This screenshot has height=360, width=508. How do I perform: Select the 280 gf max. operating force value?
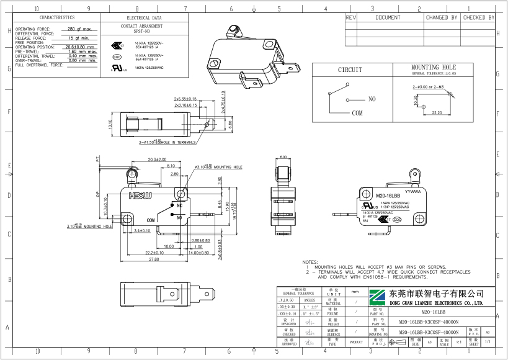[79, 29]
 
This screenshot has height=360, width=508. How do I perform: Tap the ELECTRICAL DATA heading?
[141, 19]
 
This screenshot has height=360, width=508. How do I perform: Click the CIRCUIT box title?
[350, 70]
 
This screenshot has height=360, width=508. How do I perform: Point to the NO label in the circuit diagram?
[372, 99]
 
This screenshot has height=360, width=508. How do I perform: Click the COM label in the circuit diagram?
[357, 114]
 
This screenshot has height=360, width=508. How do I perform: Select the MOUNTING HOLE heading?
[433, 67]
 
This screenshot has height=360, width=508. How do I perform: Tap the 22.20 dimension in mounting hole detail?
[436, 113]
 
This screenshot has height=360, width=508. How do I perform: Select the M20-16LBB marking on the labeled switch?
[387, 196]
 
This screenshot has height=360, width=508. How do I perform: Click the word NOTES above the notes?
[311, 263]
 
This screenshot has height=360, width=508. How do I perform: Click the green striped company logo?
[378, 297]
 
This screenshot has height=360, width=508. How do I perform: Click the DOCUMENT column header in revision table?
[388, 18]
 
